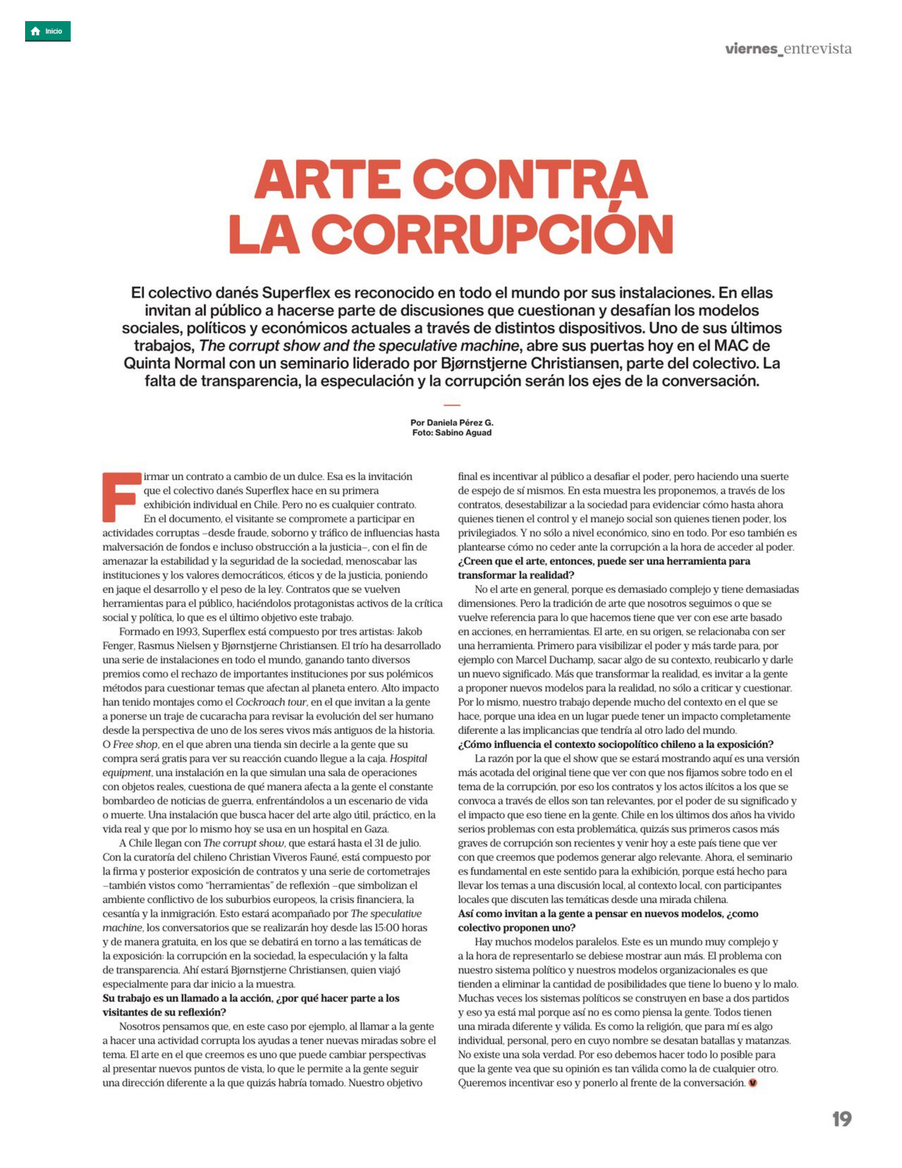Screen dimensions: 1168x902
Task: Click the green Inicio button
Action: click(x=47, y=31)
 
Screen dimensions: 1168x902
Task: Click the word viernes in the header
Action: click(x=751, y=49)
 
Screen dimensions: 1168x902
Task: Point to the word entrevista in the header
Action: click(x=818, y=49)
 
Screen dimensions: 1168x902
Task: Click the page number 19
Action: click(x=841, y=1119)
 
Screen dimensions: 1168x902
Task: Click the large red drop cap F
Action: click(x=121, y=496)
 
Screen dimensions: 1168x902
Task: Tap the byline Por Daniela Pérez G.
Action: click(x=452, y=422)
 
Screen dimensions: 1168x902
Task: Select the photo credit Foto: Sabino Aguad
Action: click(x=452, y=433)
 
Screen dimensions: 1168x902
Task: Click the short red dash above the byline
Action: click(x=452, y=405)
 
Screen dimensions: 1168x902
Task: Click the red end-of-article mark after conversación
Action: click(x=753, y=1083)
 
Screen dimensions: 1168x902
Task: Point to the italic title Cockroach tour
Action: click(x=271, y=702)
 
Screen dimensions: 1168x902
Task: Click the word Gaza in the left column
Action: click(x=375, y=829)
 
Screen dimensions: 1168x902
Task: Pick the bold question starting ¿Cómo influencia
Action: click(x=616, y=744)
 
